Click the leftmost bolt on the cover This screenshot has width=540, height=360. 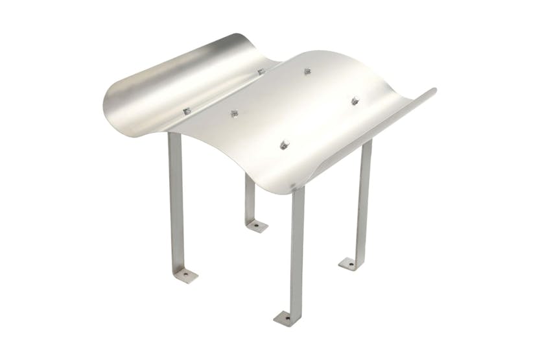(x=187, y=111)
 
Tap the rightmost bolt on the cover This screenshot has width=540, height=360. (x=355, y=101)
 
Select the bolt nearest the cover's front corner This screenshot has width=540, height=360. (x=284, y=145)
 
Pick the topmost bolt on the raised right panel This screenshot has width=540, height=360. (x=307, y=71)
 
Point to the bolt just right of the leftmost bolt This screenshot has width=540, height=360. (x=234, y=114)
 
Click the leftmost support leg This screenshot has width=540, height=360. (x=175, y=201)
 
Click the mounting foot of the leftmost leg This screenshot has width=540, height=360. (x=184, y=275)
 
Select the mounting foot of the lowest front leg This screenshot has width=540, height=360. (x=287, y=318)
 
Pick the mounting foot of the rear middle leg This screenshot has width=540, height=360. (x=256, y=226)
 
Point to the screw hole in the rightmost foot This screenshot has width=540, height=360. (x=348, y=264)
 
